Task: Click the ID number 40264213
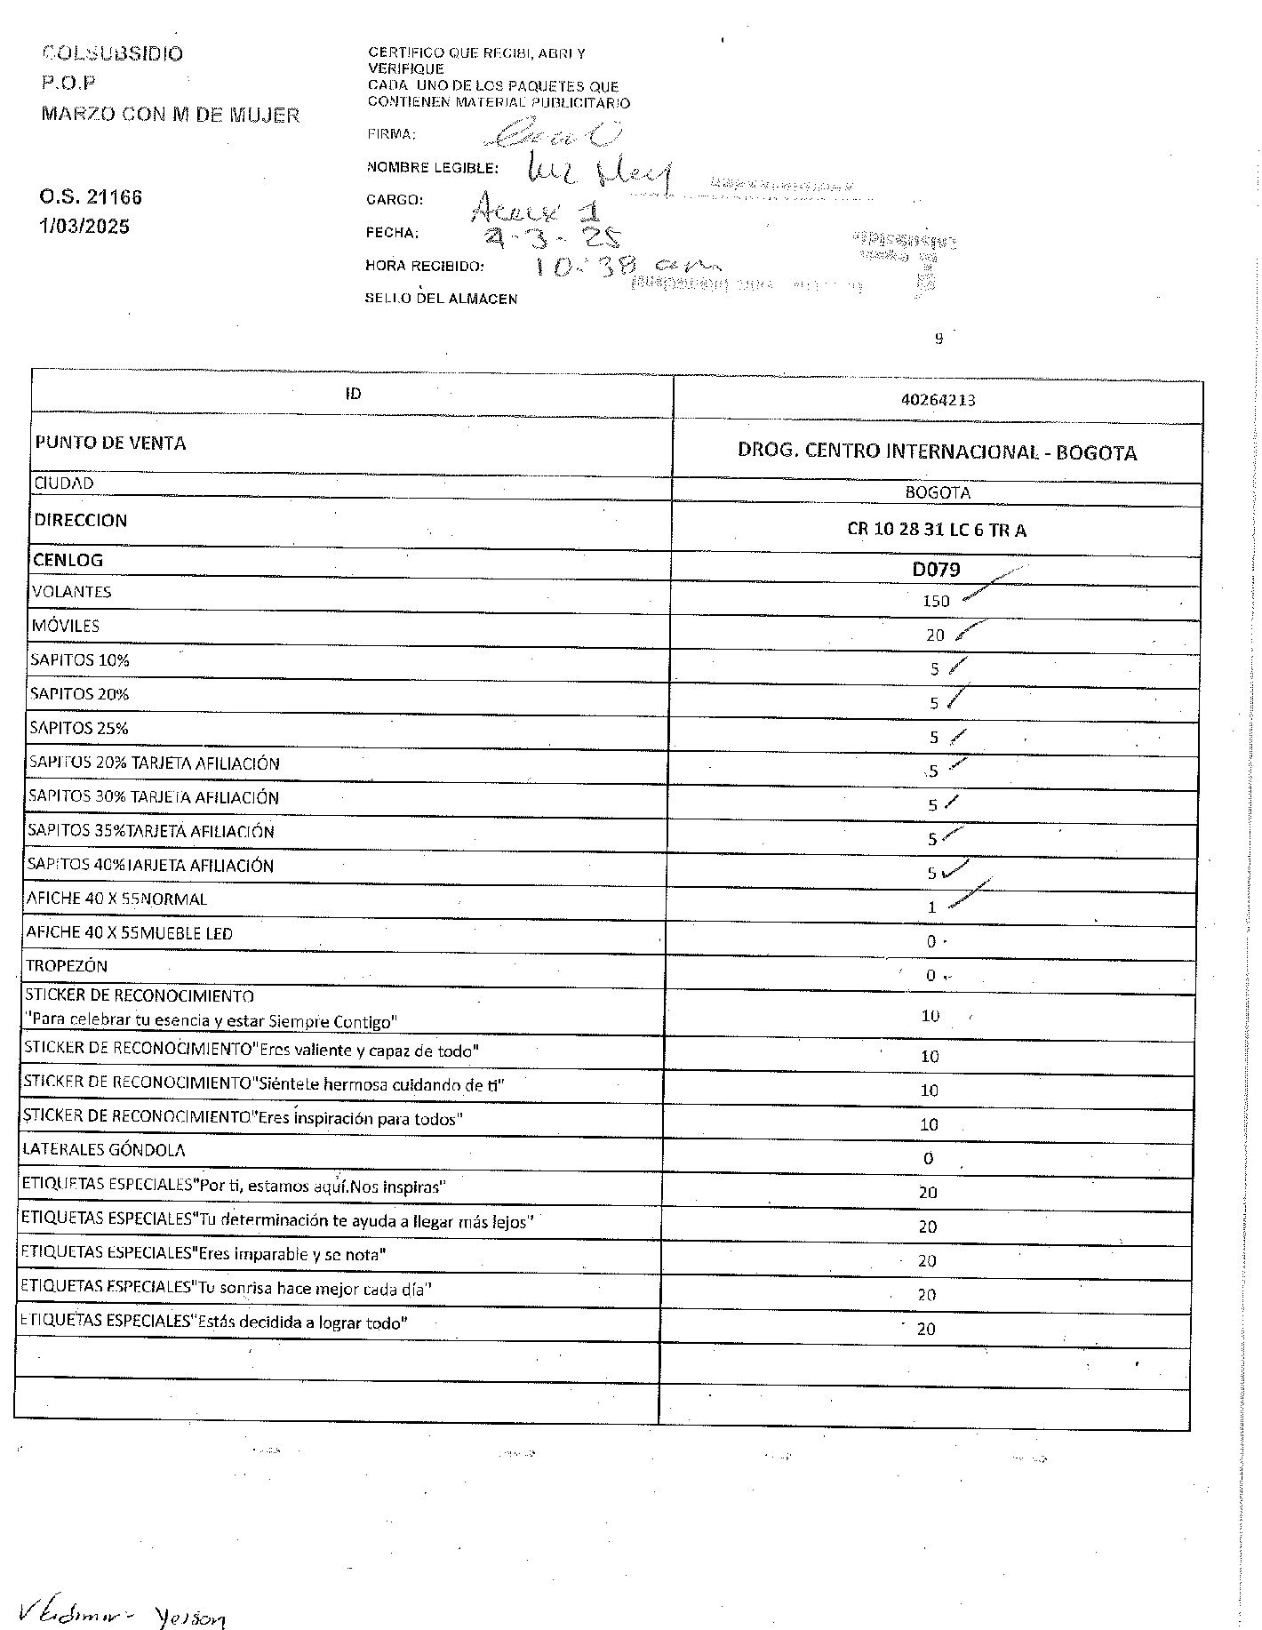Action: pyautogui.click(x=938, y=400)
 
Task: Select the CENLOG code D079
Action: pyautogui.click(x=936, y=569)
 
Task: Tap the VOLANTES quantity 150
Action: pyautogui.click(x=936, y=601)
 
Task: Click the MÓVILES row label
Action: pyautogui.click(x=66, y=626)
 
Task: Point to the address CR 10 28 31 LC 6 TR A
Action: pyautogui.click(x=937, y=530)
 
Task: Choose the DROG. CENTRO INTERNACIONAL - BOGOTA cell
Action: pyautogui.click(x=937, y=451)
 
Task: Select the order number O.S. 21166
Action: pyautogui.click(x=90, y=197)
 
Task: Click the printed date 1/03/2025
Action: pyautogui.click(x=84, y=227)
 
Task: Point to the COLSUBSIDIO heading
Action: pyautogui.click(x=113, y=53)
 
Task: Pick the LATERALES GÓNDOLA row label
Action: pyautogui.click(x=104, y=1150)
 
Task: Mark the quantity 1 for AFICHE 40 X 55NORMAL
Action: pyautogui.click(x=931, y=907)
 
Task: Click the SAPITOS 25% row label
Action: pyautogui.click(x=79, y=728)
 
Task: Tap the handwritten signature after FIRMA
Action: pyautogui.click(x=552, y=134)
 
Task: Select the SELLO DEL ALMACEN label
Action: pyautogui.click(x=441, y=299)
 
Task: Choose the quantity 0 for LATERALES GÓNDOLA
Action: pyautogui.click(x=928, y=1158)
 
